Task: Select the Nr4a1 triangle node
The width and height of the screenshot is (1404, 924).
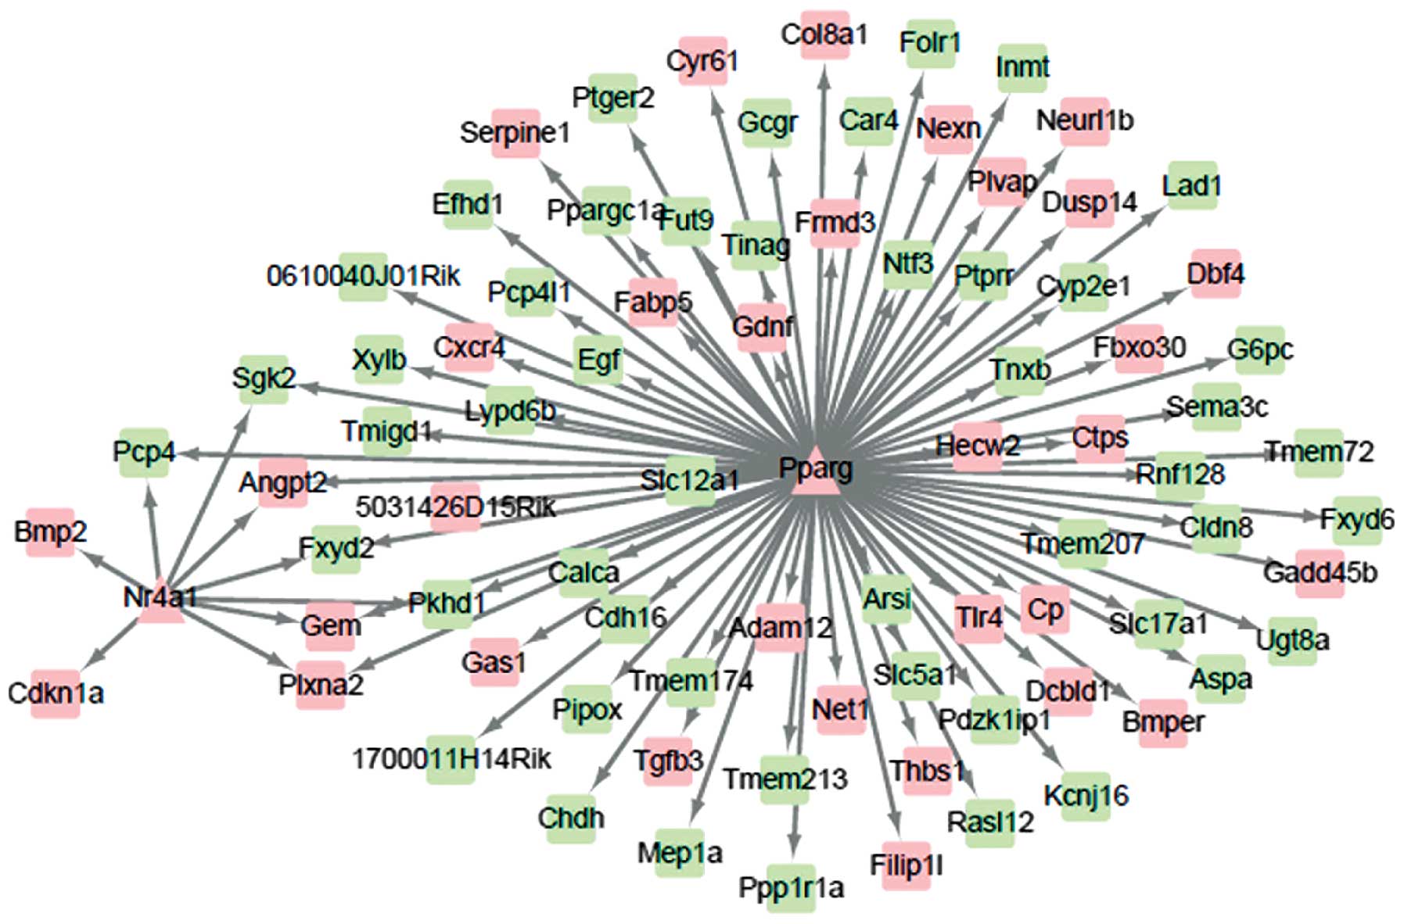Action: [160, 603]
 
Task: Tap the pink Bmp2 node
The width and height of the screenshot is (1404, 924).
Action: [51, 532]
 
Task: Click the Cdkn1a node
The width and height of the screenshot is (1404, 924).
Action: [56, 693]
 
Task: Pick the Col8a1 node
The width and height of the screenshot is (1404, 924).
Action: [824, 35]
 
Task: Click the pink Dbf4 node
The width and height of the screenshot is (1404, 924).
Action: [1215, 274]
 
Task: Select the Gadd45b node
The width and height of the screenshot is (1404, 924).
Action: [1320, 573]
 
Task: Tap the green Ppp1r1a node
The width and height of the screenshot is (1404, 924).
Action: [791, 888]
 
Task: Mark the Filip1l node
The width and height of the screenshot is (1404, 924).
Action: [907, 865]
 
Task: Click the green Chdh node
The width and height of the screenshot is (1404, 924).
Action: [571, 818]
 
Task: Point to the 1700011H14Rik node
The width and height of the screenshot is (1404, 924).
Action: [451, 759]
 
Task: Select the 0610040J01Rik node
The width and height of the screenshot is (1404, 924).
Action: [364, 277]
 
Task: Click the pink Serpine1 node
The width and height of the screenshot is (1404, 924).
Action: [515, 133]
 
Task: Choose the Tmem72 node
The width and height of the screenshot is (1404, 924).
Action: [1319, 452]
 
